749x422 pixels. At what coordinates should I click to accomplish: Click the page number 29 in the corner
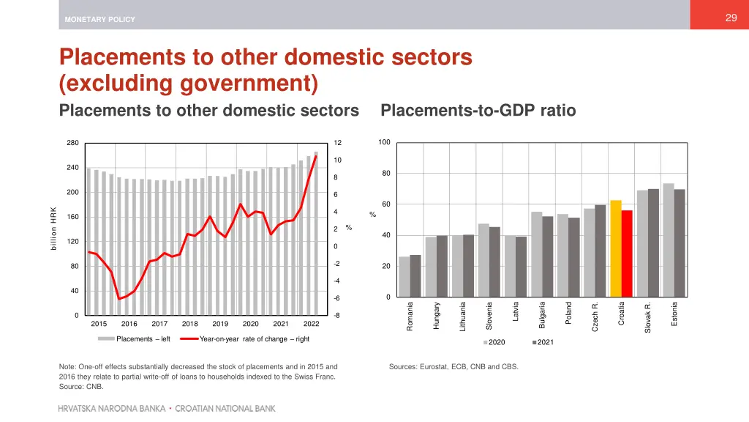click(731, 18)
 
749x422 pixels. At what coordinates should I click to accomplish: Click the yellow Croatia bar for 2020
click(616, 248)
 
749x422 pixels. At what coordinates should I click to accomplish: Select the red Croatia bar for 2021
click(627, 253)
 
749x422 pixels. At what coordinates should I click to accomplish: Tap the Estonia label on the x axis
click(674, 315)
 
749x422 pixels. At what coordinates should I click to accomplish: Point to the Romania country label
click(410, 316)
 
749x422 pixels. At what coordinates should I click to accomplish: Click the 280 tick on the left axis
click(72, 143)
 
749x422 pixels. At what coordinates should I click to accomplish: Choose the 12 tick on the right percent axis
click(337, 143)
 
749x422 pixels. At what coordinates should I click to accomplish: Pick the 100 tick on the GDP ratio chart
click(385, 142)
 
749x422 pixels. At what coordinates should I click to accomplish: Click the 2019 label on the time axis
click(220, 323)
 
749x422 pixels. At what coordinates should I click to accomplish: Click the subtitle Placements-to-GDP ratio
click(478, 111)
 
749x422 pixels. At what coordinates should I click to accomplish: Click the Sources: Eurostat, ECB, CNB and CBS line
click(453, 366)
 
